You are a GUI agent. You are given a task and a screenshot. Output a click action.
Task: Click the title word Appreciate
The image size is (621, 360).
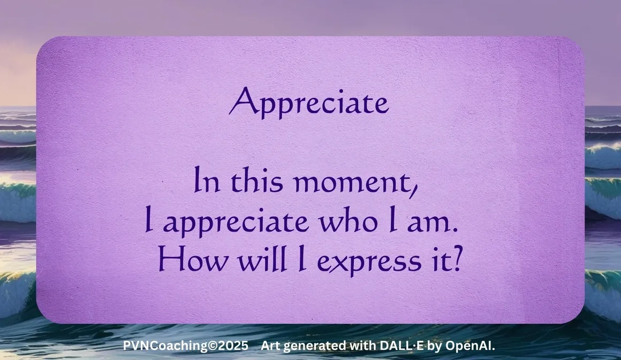(309, 102)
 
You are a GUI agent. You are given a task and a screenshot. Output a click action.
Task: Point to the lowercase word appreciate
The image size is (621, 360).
(236, 222)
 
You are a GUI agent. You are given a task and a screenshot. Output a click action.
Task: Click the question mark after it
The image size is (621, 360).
(457, 259)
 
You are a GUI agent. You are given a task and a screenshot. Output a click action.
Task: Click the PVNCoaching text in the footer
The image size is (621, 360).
(165, 346)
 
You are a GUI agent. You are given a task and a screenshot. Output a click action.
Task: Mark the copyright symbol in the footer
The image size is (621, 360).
(213, 346)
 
